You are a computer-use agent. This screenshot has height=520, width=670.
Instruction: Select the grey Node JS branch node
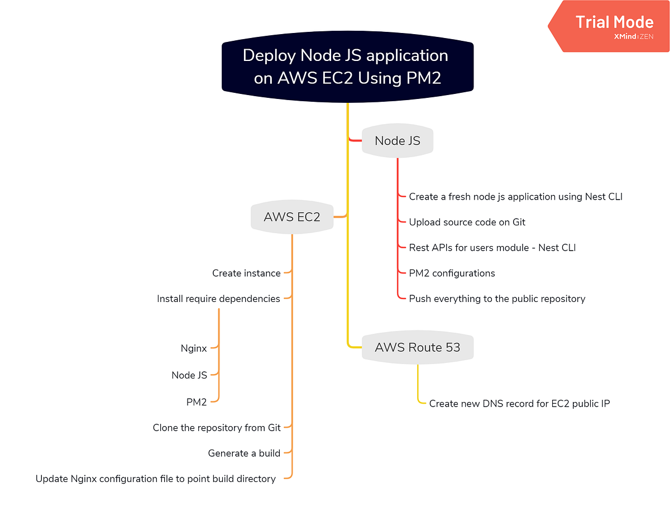(398, 141)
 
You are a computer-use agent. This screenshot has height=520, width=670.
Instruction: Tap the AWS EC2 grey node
(292, 217)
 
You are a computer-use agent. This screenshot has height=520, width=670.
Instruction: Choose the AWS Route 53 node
(418, 347)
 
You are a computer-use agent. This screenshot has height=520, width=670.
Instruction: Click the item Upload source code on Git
(467, 222)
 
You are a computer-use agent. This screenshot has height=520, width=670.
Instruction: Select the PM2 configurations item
(452, 273)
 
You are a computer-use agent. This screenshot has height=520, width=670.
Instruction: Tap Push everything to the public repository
(497, 299)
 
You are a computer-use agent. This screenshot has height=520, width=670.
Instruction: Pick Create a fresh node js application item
(515, 197)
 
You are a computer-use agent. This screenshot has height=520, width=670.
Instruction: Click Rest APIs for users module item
(492, 248)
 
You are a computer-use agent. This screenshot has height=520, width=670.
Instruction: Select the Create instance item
(246, 273)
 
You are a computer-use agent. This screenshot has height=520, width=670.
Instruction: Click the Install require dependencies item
(218, 299)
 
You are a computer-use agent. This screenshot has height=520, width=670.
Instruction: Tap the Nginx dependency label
(194, 348)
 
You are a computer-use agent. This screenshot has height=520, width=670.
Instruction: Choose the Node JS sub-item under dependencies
(189, 375)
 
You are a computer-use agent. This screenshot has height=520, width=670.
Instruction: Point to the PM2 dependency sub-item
(197, 401)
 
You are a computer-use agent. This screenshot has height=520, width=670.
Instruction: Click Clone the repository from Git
(216, 428)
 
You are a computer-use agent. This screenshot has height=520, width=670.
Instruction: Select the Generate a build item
(244, 453)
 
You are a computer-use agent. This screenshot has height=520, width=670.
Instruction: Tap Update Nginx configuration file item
(156, 479)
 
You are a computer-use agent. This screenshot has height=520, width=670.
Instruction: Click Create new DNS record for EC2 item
(519, 403)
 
